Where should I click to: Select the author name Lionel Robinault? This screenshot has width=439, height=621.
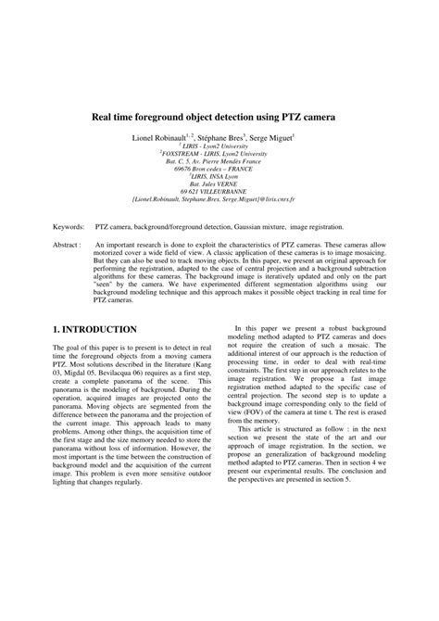162,136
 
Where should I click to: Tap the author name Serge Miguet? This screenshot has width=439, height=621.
270,136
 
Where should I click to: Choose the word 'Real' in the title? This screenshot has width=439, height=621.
102,119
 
